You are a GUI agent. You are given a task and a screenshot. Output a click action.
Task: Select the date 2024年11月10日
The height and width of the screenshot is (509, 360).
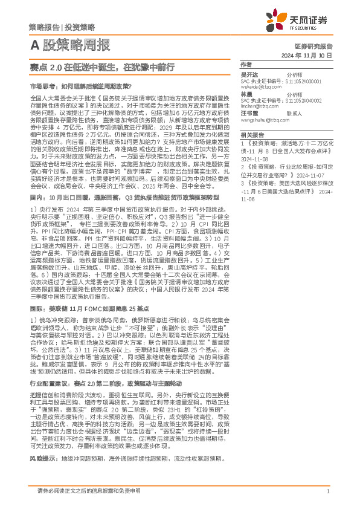[306, 55]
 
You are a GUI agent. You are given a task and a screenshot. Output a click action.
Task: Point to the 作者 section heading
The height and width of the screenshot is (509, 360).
[246, 64]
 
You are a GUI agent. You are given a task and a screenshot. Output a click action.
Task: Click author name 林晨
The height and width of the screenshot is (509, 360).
[246, 94]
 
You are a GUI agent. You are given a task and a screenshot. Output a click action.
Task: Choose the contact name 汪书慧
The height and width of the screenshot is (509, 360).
[249, 114]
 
